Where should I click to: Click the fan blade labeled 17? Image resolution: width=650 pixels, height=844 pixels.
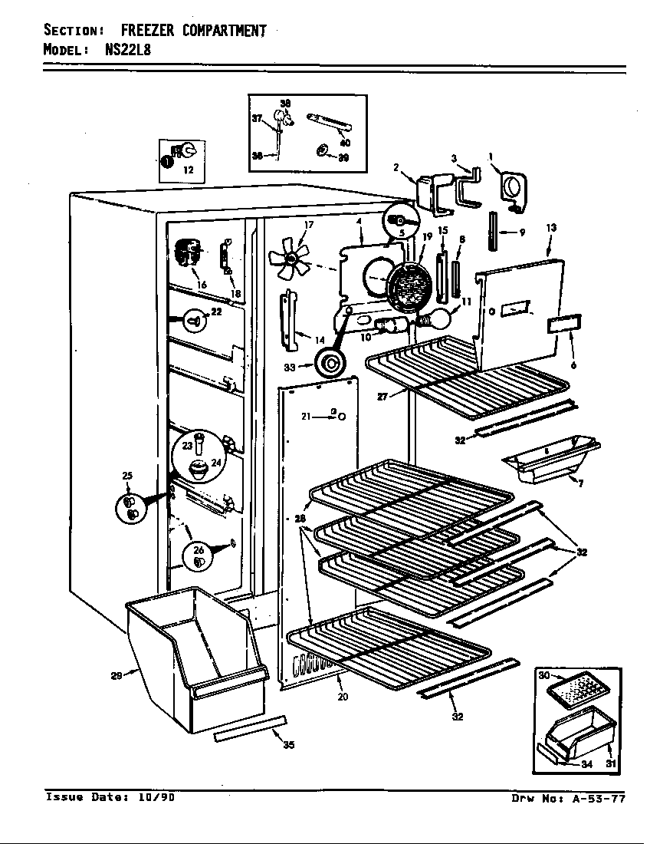[290, 258]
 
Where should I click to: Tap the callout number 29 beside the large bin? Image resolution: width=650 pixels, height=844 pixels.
[116, 675]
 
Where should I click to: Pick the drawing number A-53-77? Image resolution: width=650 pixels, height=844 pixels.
[599, 798]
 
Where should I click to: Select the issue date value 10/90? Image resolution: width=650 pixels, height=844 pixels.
[156, 797]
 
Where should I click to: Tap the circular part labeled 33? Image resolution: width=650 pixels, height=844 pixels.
[331, 362]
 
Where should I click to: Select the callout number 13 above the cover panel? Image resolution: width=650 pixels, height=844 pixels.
[551, 228]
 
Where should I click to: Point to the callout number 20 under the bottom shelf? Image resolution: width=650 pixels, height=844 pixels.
[343, 697]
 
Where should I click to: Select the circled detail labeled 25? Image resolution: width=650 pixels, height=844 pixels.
[131, 507]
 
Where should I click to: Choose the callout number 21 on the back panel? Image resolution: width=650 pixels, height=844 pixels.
[306, 416]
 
